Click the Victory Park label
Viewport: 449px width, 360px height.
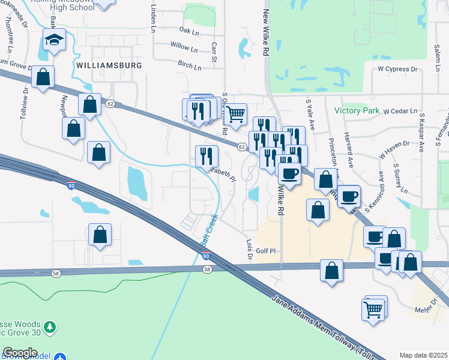point(357,110)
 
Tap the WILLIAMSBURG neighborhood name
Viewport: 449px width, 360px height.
point(109,65)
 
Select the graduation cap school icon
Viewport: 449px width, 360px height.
point(54,41)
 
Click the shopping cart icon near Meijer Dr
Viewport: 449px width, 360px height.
point(373,310)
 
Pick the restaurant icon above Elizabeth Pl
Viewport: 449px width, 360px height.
point(206,155)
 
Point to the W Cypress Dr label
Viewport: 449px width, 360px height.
point(397,70)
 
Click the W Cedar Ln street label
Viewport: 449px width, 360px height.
point(400,111)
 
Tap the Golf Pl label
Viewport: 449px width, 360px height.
point(265,251)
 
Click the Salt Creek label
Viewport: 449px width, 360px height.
point(206,235)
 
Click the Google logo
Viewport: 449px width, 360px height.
point(19,353)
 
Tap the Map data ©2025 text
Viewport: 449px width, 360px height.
point(424,355)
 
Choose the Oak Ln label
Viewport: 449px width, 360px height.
point(188,30)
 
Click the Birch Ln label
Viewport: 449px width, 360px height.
point(188,64)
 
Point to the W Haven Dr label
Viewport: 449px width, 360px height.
point(394,149)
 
